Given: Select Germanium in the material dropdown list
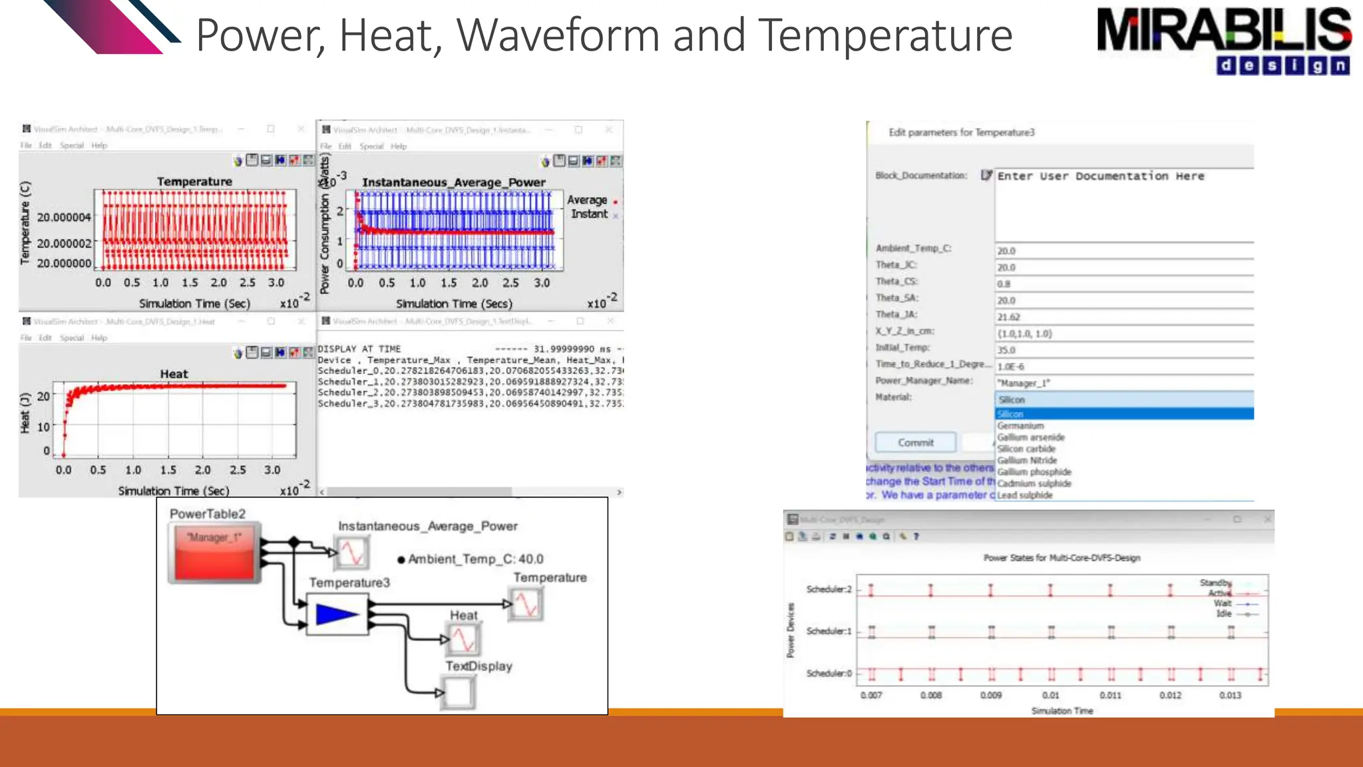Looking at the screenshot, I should pos(1020,426).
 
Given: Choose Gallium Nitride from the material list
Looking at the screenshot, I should pos(1027,461).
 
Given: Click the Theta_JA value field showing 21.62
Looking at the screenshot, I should pos(1123,318).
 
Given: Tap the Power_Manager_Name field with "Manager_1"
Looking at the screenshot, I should pos(1123,383).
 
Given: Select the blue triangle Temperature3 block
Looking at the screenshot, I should pos(337,615).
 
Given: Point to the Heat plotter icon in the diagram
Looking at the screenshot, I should pos(463,640).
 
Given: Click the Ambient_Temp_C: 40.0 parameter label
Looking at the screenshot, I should pos(475,559).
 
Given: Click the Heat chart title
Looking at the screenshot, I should pos(174,374).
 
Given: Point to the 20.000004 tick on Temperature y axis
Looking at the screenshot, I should pos(64,218).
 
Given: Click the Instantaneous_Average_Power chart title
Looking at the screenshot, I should pos(453,182).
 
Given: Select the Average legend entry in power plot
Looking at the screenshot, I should pos(587,200).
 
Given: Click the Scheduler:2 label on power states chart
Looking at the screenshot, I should pos(829,589).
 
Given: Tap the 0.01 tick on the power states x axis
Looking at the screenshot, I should pos(1050,695).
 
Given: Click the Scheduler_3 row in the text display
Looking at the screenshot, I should pos(470,404).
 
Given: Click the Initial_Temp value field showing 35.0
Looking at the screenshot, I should pos(1123,350).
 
